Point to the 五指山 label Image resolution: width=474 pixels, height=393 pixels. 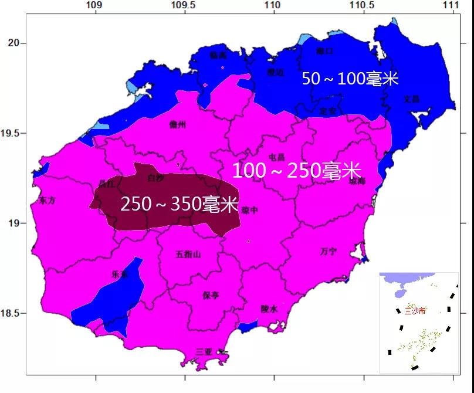coord(188,254)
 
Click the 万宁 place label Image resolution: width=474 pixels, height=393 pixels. coord(329,251)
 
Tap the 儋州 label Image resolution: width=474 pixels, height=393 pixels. coord(177,124)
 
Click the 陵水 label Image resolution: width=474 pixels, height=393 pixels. coord(269,309)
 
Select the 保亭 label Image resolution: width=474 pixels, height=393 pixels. coord(211,294)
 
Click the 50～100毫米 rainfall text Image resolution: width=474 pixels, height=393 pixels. coord(350,79)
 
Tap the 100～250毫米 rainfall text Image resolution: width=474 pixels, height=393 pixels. coord(296,171)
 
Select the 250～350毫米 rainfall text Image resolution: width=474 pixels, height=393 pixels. coord(179,204)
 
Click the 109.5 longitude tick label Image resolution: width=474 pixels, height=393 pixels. coord(183,5)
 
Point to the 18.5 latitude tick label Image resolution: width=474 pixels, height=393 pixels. coord(13,313)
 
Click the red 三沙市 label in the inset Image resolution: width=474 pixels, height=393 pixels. coord(409,307)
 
